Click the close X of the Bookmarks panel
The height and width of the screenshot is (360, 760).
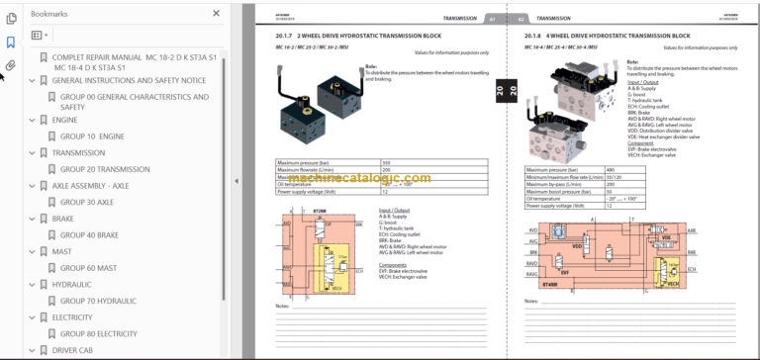click(217, 14)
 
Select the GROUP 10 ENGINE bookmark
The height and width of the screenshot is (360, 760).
click(93, 136)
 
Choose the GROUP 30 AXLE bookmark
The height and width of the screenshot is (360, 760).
click(87, 202)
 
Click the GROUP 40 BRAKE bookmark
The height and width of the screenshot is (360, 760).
click(89, 234)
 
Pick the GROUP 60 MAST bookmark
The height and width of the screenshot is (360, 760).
click(88, 267)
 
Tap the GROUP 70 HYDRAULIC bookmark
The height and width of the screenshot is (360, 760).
click(99, 300)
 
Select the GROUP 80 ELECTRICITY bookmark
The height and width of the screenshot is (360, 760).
click(99, 333)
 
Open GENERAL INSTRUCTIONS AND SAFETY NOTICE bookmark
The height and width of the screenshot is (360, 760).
click(129, 80)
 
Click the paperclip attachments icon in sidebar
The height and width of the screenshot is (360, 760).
click(10, 65)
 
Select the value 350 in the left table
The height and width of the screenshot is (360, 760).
click(387, 161)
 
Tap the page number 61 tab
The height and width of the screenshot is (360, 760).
click(492, 18)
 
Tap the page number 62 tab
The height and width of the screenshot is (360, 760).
click(519, 18)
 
